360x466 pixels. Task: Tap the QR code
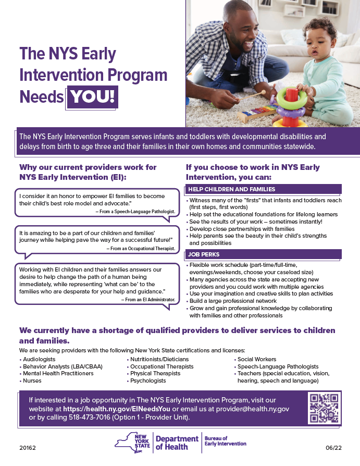[x=324, y=408]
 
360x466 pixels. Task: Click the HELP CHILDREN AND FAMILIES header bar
[x=263, y=189]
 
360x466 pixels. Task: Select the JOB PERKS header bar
[x=263, y=255]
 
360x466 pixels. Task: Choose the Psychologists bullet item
[x=148, y=381]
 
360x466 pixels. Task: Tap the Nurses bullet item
[x=32, y=381]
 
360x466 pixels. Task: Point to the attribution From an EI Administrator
[x=148, y=300]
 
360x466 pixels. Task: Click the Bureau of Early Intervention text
[x=226, y=442]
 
